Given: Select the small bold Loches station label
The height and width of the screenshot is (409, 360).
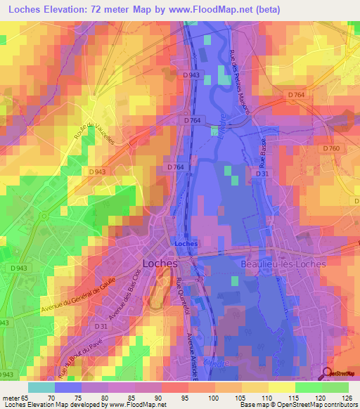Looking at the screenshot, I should (186, 244).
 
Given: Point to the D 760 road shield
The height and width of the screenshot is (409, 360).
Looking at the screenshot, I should (331, 148).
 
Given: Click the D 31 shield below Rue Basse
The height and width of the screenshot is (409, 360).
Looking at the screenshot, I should (262, 173).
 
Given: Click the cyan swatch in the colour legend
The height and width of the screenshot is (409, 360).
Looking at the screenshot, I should (41, 387).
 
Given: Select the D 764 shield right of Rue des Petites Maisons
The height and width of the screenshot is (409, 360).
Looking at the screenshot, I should (295, 94).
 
